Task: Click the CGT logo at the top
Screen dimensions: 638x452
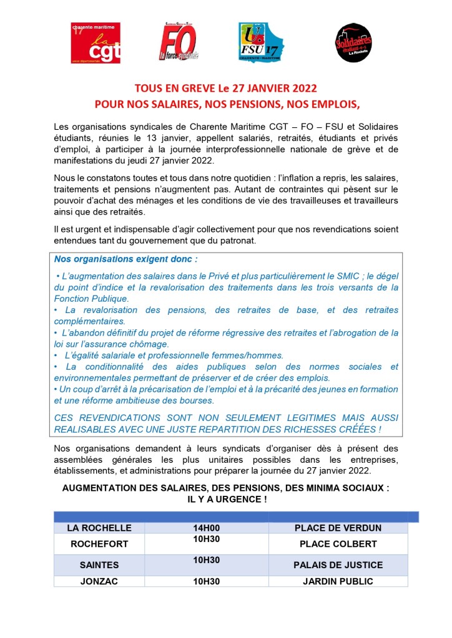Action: (96, 42)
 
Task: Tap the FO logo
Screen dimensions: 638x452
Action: (179, 42)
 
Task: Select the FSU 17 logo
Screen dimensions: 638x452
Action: (261, 42)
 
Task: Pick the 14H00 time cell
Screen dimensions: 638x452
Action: (207, 528)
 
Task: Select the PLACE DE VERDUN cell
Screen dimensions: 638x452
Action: (338, 528)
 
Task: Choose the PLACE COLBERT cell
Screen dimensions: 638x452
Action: (338, 544)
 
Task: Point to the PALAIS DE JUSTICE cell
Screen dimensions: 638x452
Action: (338, 565)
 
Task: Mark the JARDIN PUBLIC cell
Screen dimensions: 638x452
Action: (338, 581)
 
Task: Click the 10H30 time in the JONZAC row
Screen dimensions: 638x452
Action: (207, 581)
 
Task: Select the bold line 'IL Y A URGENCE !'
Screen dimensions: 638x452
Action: (225, 500)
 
